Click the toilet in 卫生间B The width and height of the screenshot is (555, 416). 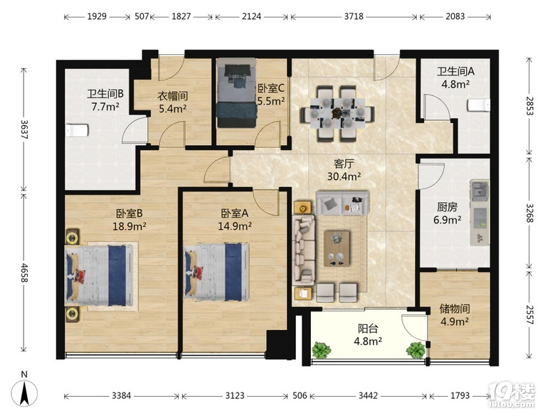tap(76, 130)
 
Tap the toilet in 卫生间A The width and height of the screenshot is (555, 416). tap(479, 105)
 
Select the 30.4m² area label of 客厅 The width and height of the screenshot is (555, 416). tap(344, 176)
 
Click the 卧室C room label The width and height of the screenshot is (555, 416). tap(271, 88)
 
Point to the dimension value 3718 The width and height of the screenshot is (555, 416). tap(354, 16)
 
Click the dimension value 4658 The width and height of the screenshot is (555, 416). tap(24, 272)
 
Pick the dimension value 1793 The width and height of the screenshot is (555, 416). tap(460, 395)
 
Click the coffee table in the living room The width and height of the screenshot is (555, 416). tap(337, 248)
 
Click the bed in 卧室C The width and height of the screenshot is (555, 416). tap(236, 92)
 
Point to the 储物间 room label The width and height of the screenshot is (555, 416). tap(455, 309)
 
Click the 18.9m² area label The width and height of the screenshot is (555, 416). tap(129, 226)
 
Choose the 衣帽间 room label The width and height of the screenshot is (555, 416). tap(172, 95)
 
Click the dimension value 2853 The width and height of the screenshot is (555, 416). tap(529, 106)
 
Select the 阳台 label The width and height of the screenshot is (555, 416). tap(368, 329)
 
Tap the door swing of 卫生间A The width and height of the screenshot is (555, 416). tap(437, 107)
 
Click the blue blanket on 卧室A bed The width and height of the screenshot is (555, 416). tap(233, 272)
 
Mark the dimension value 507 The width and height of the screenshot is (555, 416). tap(142, 16)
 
